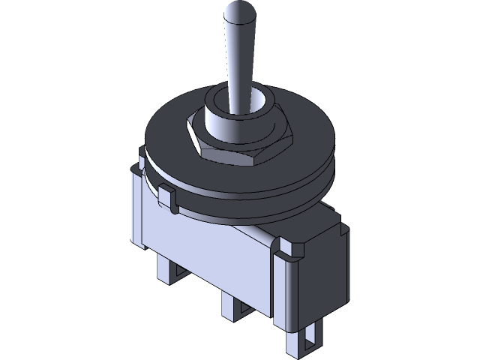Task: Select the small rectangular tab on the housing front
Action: pyautogui.click(x=167, y=198)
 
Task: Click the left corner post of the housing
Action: pyautogui.click(x=136, y=202)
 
